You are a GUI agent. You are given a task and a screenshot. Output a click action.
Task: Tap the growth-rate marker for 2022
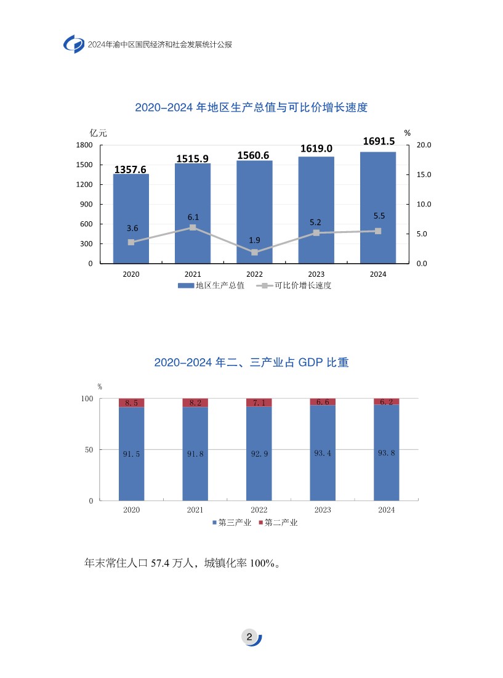pyautogui.click(x=254, y=252)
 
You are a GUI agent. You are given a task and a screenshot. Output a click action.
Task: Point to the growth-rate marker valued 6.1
pyautogui.click(x=193, y=227)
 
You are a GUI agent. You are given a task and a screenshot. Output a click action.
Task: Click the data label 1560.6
pyautogui.click(x=254, y=155)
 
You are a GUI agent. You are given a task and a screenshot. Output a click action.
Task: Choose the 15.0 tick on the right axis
pyautogui.click(x=424, y=174)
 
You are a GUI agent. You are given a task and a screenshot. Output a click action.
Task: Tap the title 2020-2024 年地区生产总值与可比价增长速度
pyautogui.click(x=251, y=107)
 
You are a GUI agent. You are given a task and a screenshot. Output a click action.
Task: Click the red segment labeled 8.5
pyautogui.click(x=131, y=402)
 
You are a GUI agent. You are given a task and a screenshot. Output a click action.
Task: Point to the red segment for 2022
pyautogui.click(x=259, y=402)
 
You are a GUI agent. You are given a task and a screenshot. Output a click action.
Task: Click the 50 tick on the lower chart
pyautogui.click(x=89, y=450)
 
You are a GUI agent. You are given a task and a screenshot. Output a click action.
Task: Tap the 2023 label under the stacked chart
pyautogui.click(x=323, y=510)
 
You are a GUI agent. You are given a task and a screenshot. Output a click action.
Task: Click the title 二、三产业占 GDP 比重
pyautogui.click(x=251, y=362)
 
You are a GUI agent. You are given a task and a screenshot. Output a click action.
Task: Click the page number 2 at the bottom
pyautogui.click(x=249, y=637)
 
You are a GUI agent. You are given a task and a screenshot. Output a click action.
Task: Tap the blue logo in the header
pyautogui.click(x=74, y=44)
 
